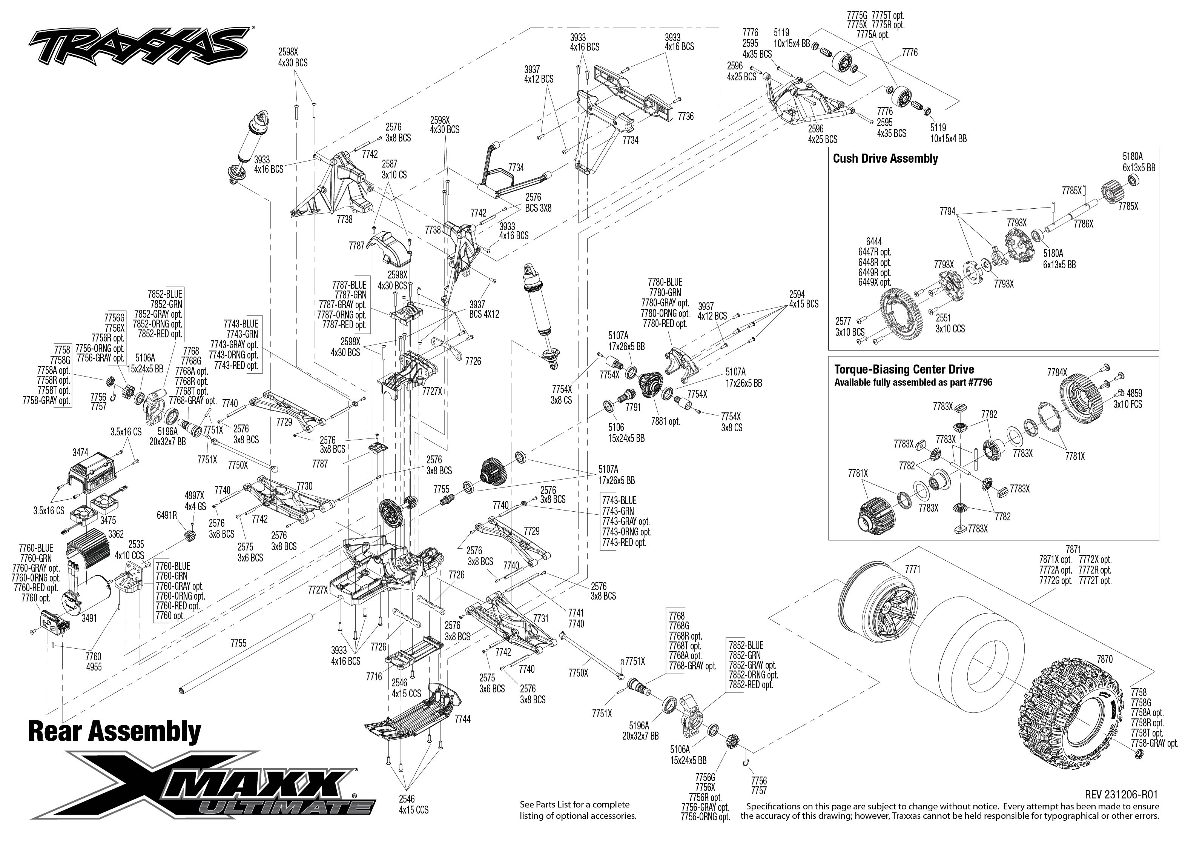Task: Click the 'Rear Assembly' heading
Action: [114, 731]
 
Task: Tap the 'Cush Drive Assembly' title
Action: [885, 158]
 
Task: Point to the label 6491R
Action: [167, 515]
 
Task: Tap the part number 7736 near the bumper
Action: [685, 116]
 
